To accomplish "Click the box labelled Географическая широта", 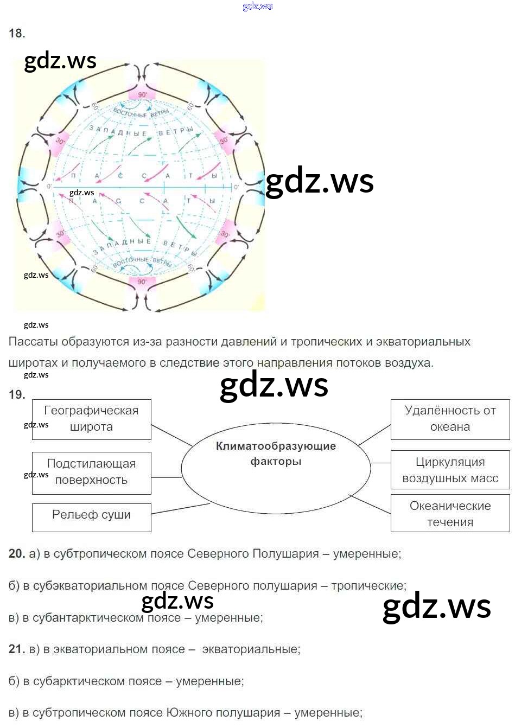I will [91, 419].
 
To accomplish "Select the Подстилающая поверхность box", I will [91, 472].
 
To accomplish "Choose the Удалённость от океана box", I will [450, 419].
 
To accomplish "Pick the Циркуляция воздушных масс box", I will [450, 470].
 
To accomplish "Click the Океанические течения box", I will [450, 513].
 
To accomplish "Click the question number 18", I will [17, 34].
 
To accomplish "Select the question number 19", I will [17, 395].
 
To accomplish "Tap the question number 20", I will [17, 554].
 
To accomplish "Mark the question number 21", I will [17, 649].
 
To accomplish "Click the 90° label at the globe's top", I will [142, 94].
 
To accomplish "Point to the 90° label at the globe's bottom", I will [142, 282].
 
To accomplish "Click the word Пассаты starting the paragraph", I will [33, 342].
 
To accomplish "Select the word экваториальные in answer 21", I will [250, 649].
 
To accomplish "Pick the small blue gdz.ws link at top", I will [258, 7].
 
